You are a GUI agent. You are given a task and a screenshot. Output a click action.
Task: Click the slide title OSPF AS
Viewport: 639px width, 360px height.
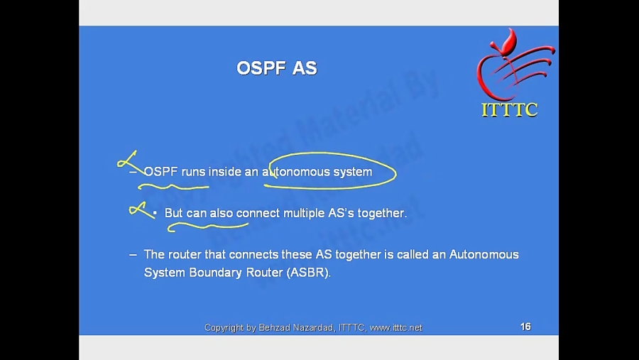click(276, 68)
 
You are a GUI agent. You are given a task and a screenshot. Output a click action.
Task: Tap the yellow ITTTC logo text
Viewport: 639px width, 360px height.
click(509, 110)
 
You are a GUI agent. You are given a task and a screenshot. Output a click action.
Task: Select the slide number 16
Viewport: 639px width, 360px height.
click(525, 327)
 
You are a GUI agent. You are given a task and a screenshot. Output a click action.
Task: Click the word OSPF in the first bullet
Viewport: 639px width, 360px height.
click(160, 172)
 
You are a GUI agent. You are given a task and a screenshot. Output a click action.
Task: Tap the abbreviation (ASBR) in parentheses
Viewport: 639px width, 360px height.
click(309, 273)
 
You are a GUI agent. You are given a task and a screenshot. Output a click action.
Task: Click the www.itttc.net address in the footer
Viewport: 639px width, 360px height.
click(396, 327)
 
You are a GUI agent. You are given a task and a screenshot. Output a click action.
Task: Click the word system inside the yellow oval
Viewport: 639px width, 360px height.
click(353, 172)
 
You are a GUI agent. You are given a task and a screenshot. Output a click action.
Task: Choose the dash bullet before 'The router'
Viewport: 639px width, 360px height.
click(133, 254)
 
